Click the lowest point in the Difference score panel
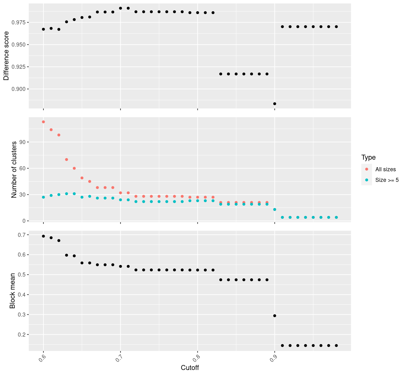coord(275,104)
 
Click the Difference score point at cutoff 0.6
coord(43,29)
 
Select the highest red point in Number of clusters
coord(43,122)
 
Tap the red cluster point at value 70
coord(67,159)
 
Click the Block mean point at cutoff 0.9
coord(275,316)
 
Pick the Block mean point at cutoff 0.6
coord(43,236)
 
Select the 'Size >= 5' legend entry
coord(387,180)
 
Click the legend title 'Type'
coord(368,157)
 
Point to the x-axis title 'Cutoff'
coord(190,367)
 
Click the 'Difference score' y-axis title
coord(6,56)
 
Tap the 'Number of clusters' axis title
coord(14,170)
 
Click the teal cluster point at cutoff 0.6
coord(43,197)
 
